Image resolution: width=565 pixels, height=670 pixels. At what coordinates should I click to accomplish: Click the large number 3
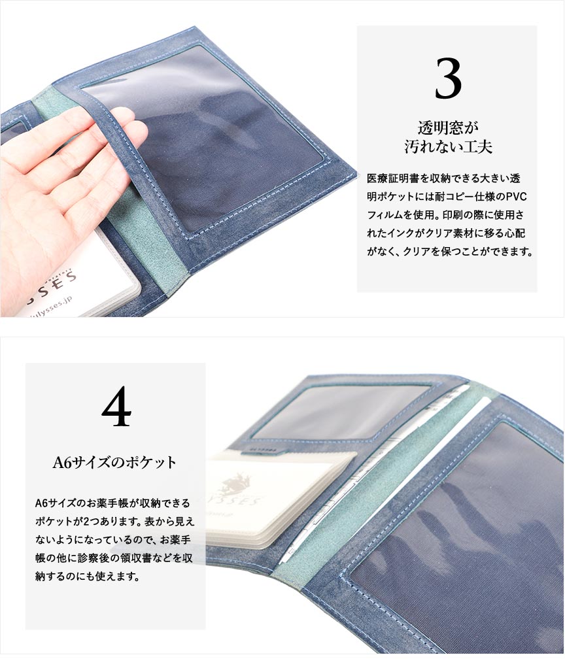coord(448,78)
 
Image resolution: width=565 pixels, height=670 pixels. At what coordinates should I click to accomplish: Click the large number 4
coord(116,406)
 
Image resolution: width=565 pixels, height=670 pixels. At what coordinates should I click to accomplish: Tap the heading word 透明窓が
coord(448,127)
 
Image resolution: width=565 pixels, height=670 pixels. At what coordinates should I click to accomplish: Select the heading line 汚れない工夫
coord(448,146)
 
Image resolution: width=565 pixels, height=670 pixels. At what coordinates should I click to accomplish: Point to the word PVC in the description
coord(517,197)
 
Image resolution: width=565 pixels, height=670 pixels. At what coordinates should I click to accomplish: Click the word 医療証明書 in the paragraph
coord(390,178)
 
